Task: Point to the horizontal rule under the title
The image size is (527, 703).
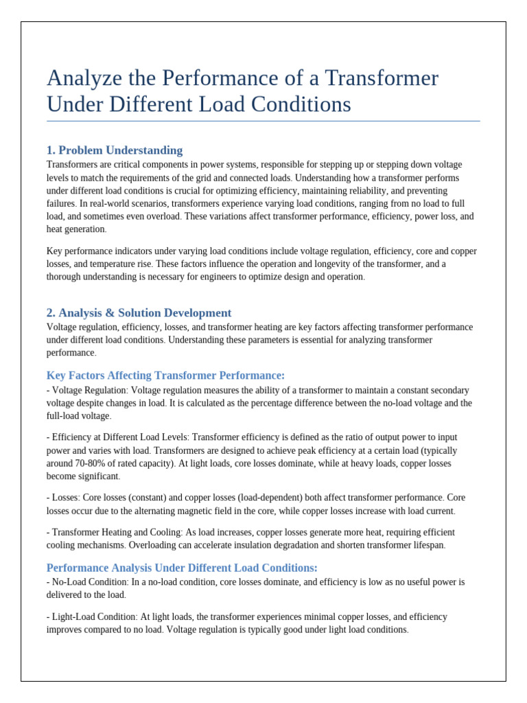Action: tap(263, 122)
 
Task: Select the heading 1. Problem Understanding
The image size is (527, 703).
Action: tap(114, 150)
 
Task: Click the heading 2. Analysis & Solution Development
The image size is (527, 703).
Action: tap(139, 313)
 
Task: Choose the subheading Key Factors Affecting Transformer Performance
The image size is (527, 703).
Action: tap(165, 375)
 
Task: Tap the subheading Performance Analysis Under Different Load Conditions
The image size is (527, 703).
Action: tap(182, 568)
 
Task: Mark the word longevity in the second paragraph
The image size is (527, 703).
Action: tap(333, 264)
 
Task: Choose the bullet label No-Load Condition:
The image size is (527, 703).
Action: tap(89, 582)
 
